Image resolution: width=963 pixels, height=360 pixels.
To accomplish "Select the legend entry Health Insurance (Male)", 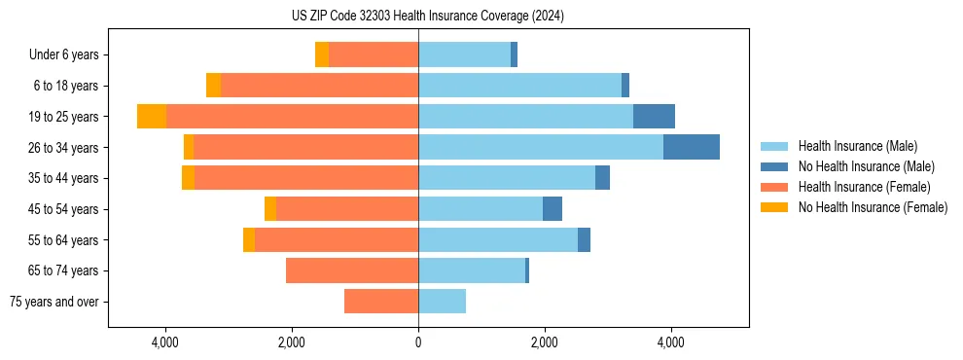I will pos(856,146).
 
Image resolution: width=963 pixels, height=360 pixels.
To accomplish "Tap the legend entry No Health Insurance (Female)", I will pos(873,207).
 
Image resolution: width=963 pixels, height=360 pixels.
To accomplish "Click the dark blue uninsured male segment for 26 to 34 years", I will pos(692,147).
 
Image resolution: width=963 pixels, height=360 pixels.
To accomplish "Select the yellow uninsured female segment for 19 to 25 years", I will pos(152,116).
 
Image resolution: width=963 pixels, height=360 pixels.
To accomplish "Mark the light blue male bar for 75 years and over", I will pos(442,302).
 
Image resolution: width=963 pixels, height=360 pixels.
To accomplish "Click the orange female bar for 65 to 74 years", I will pos(352,270).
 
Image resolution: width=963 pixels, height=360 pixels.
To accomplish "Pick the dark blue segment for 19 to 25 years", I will pos(654,116).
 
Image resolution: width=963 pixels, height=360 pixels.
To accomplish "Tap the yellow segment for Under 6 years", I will pos(322,54).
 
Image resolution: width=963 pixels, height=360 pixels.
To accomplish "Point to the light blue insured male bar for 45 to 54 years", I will pos(481,209).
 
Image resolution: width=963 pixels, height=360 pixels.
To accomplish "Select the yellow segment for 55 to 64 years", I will pos(249,239).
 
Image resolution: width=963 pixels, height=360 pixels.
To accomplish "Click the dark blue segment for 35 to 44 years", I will pos(602,178).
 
